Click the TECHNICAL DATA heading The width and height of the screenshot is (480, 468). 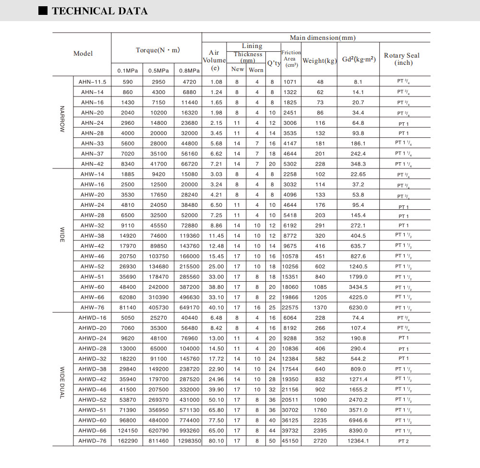coord(100,11)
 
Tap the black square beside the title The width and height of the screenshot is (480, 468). coord(43,11)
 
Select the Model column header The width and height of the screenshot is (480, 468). coord(83,53)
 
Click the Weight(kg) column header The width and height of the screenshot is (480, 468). coord(320,60)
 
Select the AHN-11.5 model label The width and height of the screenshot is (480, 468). coord(92,82)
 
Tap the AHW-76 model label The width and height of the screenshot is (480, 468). coord(92,308)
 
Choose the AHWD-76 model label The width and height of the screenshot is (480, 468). coord(92,441)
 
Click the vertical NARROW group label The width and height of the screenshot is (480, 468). coord(62,120)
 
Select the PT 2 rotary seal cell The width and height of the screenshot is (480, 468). coord(403,441)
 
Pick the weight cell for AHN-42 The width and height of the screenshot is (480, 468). coord(320,164)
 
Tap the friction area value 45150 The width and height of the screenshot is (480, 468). coord(291,441)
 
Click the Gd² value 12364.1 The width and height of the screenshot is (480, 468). coord(358,441)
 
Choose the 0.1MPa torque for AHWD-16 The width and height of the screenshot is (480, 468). coord(127,318)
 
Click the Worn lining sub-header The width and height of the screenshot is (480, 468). coord(256,70)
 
